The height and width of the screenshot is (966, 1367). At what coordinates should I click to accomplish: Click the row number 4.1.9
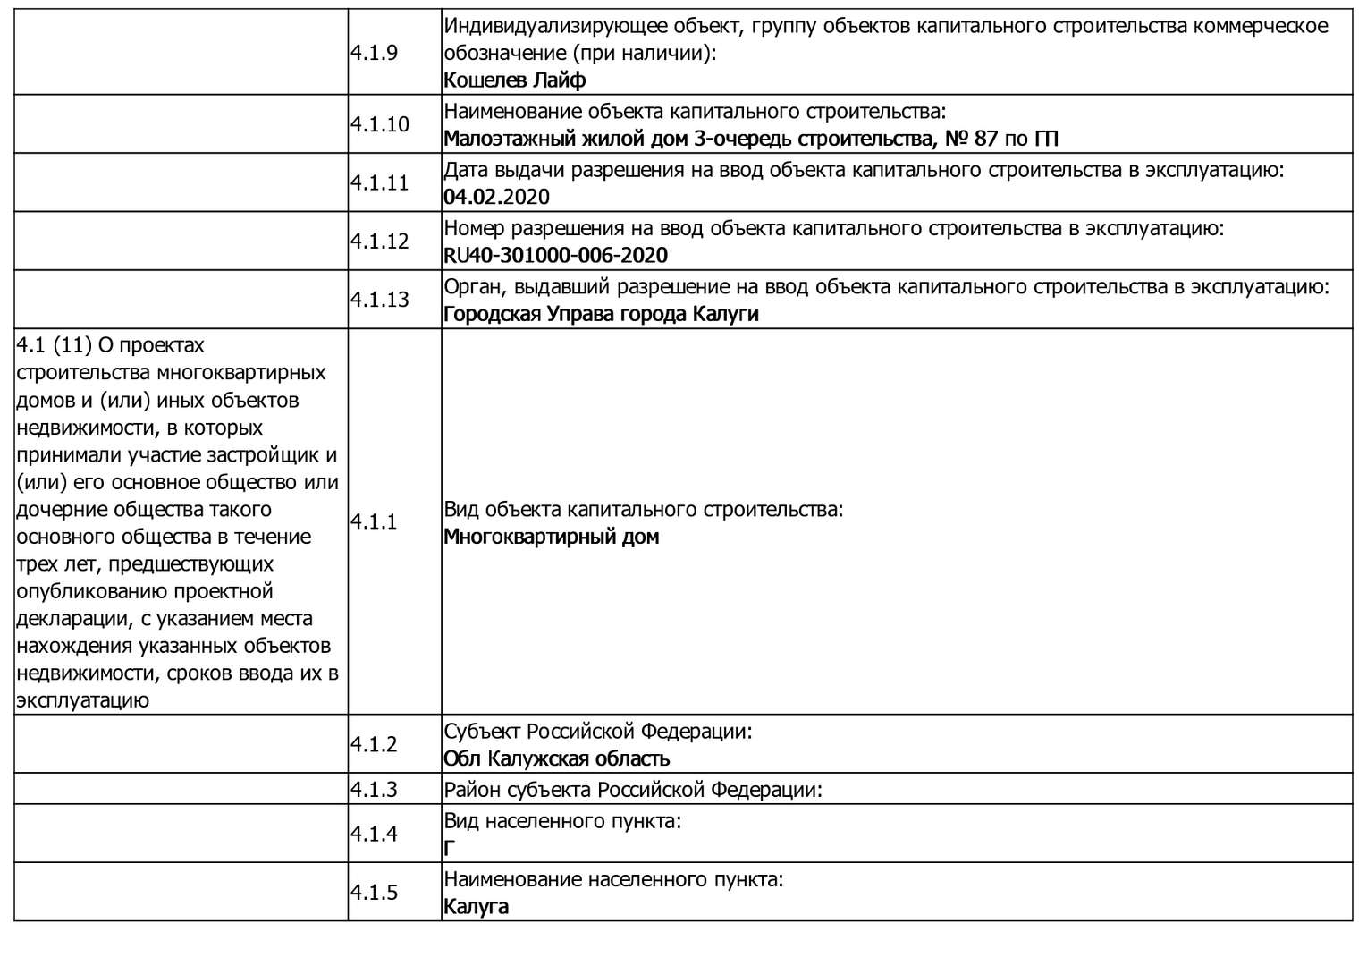[x=374, y=53]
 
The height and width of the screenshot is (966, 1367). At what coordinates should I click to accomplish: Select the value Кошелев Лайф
[x=514, y=80]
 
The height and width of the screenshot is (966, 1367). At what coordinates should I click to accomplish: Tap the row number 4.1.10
[x=379, y=124]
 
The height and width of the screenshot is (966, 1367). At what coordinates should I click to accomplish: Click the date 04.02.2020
[x=496, y=197]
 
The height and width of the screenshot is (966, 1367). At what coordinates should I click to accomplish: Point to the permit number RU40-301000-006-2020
[x=555, y=256]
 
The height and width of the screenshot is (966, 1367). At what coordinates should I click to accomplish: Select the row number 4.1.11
[x=379, y=182]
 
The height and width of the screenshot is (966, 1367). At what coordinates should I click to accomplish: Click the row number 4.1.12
[x=379, y=241]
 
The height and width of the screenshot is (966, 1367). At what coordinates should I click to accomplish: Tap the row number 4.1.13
[x=379, y=300]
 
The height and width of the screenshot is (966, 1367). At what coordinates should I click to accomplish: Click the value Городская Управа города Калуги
[x=601, y=314]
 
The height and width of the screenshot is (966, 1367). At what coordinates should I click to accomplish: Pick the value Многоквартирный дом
[x=551, y=538]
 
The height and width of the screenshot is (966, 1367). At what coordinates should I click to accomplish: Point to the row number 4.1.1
[x=374, y=522]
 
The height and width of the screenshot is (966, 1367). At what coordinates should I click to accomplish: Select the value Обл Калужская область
[x=556, y=759]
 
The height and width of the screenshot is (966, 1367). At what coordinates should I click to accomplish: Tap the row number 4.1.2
[x=374, y=744]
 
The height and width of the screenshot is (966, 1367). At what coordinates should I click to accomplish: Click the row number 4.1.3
[x=374, y=790]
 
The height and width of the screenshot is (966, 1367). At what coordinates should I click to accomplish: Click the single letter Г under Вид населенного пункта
[x=449, y=849]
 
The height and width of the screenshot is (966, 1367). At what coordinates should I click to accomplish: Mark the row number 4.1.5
[x=374, y=893]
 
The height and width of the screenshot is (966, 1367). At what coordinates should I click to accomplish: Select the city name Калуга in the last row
[x=476, y=907]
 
